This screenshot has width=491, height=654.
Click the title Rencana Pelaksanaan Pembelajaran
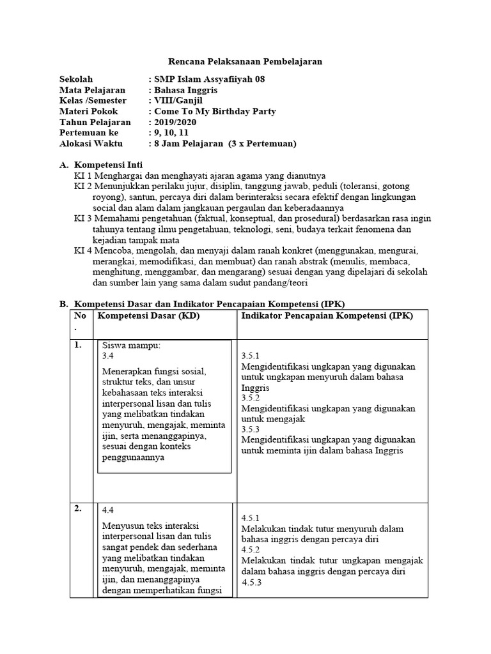245,62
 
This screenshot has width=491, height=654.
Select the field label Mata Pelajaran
93,90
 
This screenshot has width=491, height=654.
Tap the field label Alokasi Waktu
91,144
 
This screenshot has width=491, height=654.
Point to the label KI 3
84,218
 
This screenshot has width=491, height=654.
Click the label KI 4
84,250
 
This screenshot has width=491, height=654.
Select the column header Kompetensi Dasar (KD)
143,316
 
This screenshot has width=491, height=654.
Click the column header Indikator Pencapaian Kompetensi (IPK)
327,316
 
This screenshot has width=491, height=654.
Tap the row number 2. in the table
77,509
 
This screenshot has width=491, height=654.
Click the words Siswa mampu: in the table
132,346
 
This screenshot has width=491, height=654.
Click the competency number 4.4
107,510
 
